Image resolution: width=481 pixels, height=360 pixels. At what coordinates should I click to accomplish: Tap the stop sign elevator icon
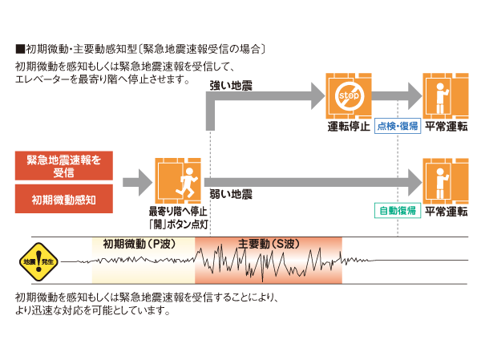click(x=349, y=97)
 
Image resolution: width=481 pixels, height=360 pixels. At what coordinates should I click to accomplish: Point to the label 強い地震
click(x=231, y=85)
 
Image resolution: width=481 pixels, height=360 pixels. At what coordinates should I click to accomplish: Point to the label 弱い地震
click(x=231, y=195)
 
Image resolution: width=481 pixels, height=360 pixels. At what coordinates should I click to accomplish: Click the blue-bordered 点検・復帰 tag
click(x=397, y=127)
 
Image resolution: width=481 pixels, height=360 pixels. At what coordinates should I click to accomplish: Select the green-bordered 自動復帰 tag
click(x=397, y=212)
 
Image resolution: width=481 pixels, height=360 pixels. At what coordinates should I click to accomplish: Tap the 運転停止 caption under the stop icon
click(x=349, y=127)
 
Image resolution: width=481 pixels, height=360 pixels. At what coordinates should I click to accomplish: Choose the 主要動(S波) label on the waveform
click(x=268, y=244)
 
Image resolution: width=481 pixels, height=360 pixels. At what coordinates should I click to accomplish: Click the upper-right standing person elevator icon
click(x=446, y=97)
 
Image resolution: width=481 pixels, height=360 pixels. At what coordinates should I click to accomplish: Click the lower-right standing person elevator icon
click(x=446, y=181)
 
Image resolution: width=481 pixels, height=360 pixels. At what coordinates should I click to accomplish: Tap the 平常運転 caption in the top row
click(x=446, y=127)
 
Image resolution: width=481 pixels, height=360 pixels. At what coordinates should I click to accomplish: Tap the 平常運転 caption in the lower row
click(x=446, y=212)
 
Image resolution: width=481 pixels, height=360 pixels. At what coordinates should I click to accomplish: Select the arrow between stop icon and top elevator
click(x=397, y=97)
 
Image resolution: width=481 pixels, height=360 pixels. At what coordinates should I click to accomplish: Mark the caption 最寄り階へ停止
click(x=178, y=212)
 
